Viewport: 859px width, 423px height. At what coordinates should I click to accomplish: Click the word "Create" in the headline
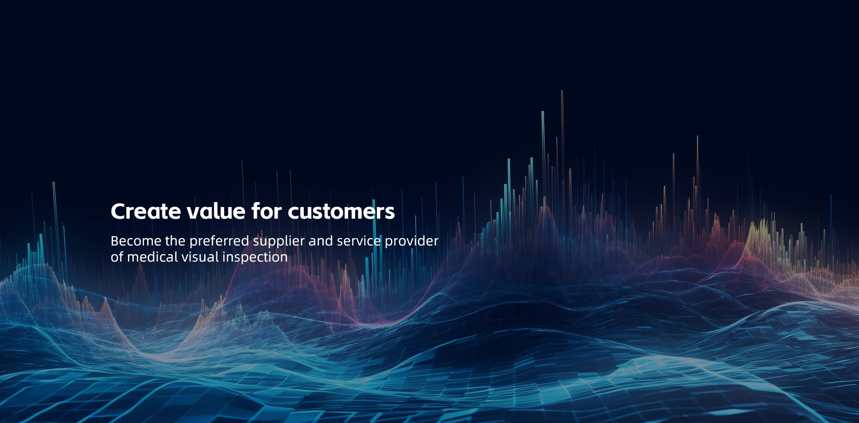146,211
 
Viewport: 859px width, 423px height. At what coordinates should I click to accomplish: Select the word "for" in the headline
267,211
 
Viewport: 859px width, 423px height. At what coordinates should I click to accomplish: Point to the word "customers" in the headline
341,211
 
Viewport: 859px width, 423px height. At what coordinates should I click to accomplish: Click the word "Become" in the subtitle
136,241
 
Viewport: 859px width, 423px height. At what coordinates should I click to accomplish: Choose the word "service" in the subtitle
359,241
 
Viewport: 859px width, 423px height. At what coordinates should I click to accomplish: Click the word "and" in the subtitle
321,241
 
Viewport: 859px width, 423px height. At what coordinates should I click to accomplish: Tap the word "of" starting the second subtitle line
117,257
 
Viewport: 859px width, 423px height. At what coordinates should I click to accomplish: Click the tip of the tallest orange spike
562,91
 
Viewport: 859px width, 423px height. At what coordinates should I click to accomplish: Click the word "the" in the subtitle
175,241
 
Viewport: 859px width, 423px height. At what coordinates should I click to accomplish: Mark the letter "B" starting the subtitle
115,241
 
